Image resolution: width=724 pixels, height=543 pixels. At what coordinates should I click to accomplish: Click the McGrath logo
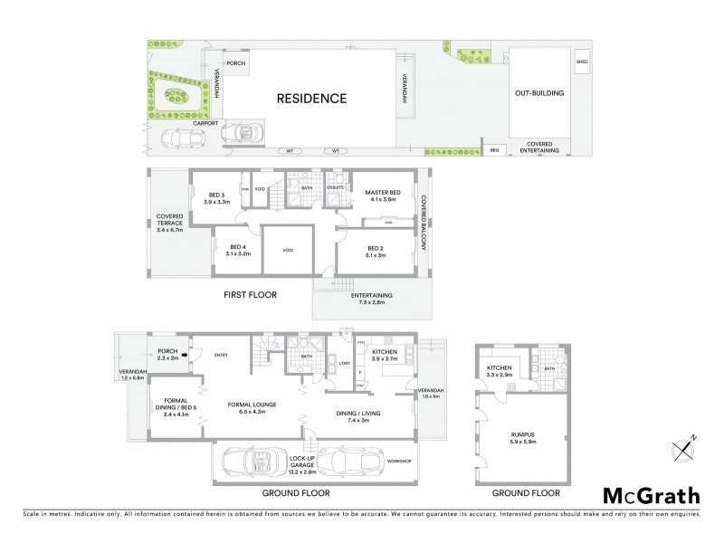tap(651, 495)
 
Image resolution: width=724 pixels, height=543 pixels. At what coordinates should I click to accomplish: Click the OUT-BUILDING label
tap(539, 93)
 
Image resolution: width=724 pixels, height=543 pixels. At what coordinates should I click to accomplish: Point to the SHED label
tap(581, 62)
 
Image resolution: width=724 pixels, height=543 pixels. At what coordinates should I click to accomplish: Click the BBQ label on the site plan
tap(494, 150)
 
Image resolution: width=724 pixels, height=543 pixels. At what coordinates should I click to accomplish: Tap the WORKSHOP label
tap(399, 462)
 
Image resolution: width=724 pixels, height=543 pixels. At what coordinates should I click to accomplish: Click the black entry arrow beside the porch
tap(185, 355)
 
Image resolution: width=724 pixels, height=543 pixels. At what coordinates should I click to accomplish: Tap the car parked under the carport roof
tap(243, 133)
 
